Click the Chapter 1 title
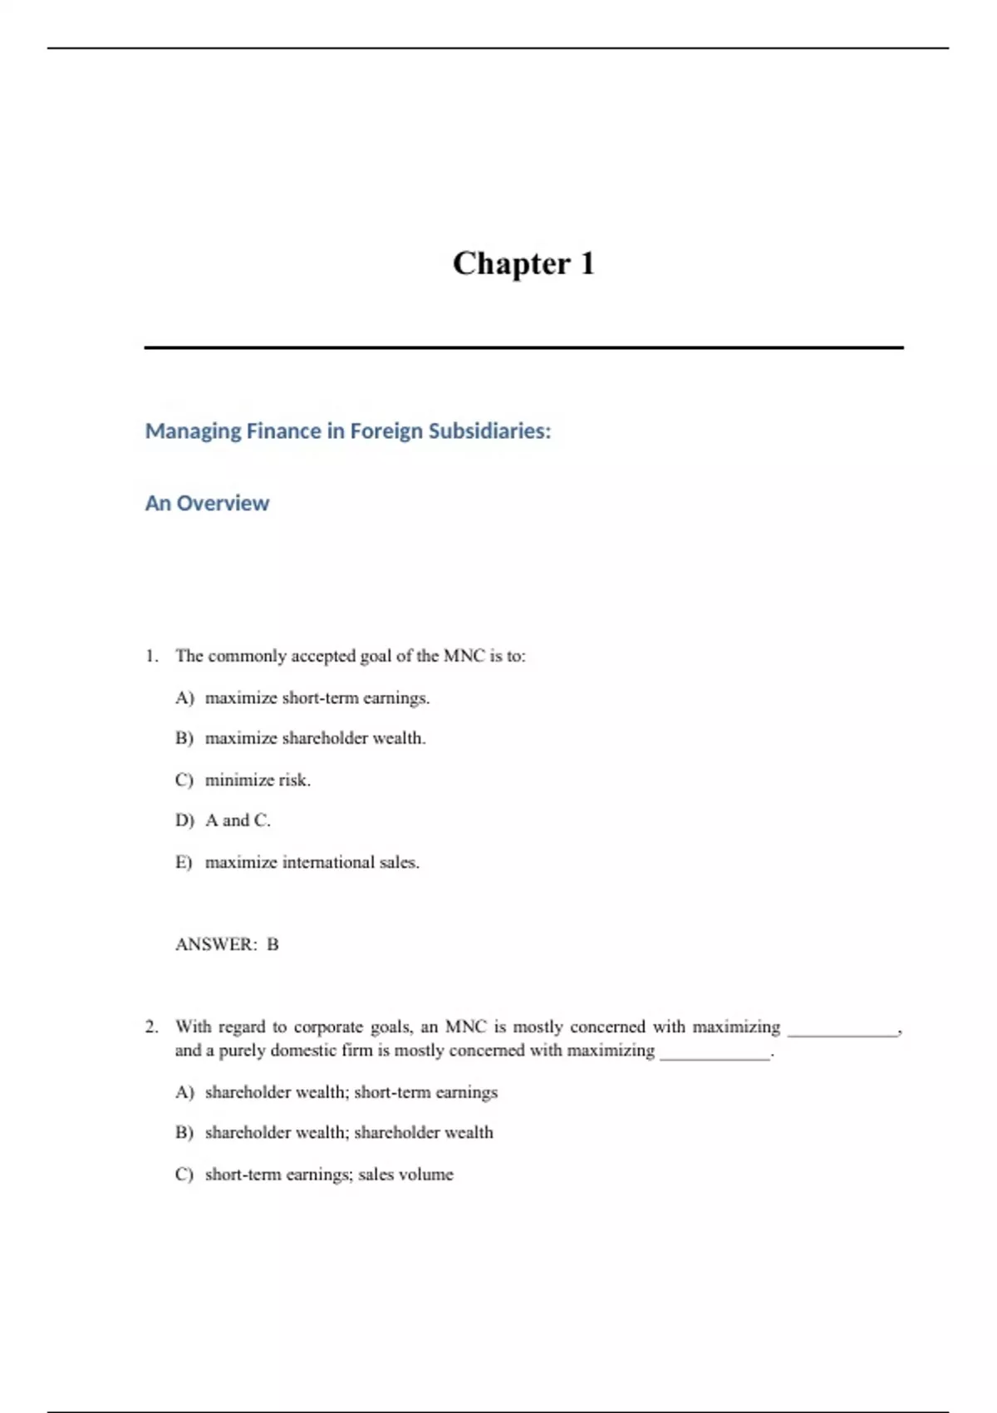tap(523, 263)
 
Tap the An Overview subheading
tap(207, 504)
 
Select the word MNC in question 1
tap(464, 657)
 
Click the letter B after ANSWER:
tap(273, 944)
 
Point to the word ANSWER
tap(216, 944)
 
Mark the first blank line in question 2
tap(842, 1031)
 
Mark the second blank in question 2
tap(715, 1054)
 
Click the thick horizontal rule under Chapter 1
tap(523, 347)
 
